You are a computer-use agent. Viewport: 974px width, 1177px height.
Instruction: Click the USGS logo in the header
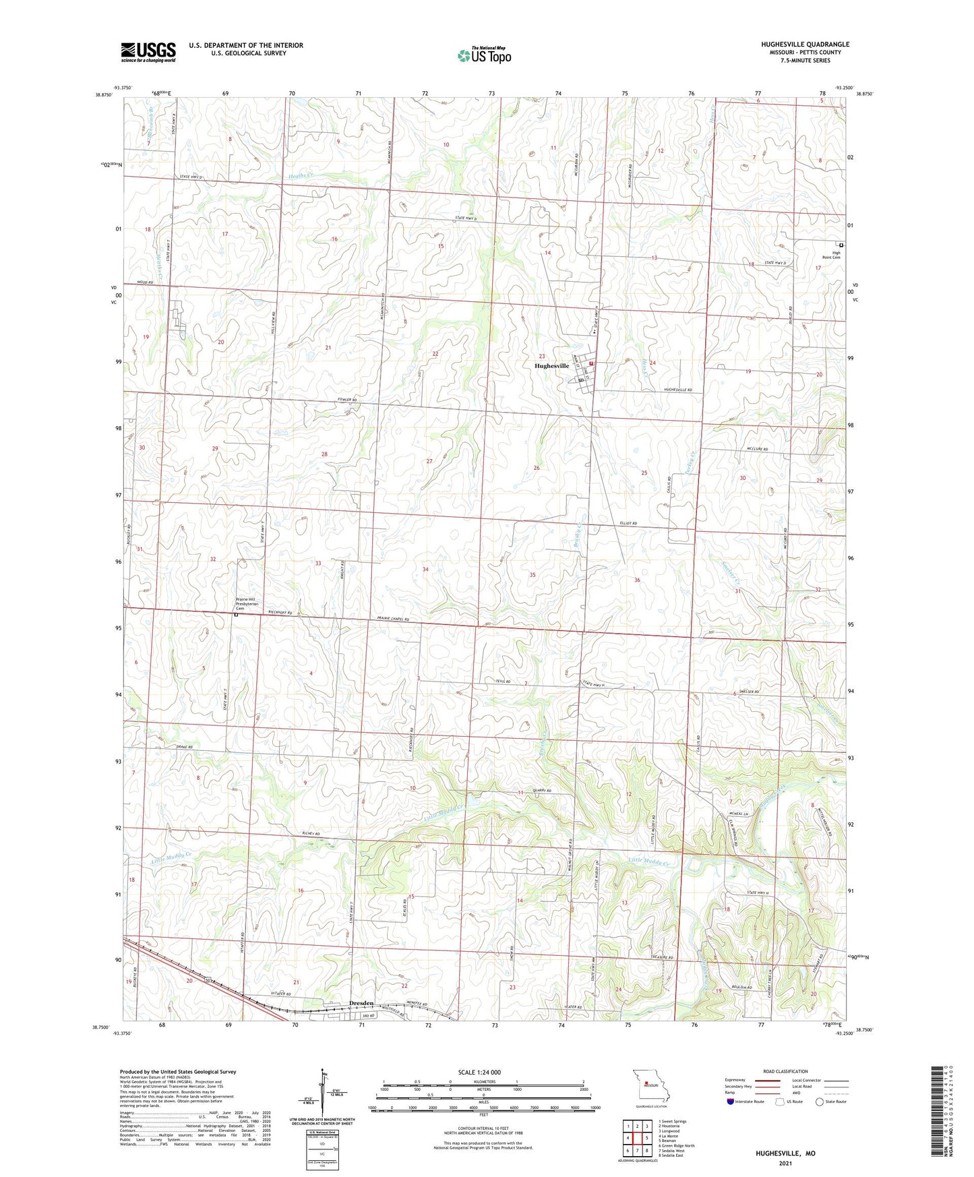148,52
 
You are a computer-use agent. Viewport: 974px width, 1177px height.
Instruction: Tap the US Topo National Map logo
484,55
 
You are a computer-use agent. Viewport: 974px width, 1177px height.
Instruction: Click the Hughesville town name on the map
551,366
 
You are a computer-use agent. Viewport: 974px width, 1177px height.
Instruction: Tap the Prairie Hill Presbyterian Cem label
251,604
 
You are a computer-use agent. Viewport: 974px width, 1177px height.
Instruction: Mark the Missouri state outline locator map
650,1086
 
